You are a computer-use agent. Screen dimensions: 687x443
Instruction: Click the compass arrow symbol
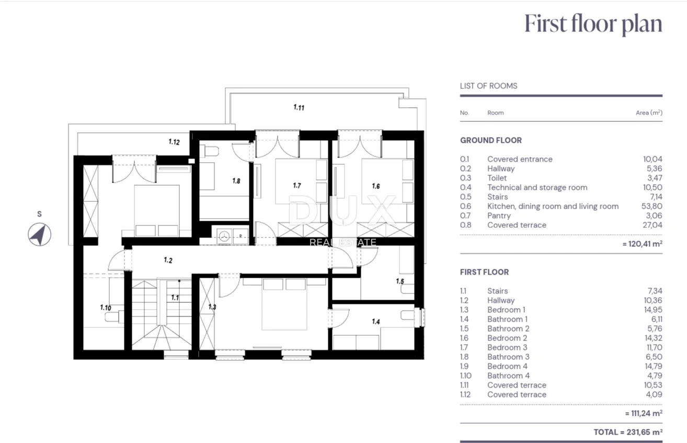coord(40,234)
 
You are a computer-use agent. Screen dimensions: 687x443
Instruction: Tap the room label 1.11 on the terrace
coord(299,107)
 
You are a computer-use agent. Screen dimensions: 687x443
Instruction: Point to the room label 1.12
coord(174,142)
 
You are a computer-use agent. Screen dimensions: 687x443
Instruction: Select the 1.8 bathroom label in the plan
coord(236,181)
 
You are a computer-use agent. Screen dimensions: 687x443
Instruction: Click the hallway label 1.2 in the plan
coord(168,260)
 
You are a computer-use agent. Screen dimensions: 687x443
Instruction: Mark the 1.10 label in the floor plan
coord(106,308)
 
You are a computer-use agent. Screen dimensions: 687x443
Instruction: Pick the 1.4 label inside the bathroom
coord(376,322)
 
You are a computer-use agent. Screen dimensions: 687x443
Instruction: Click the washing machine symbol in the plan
coord(224,236)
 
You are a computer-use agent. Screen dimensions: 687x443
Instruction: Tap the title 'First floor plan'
coord(593,24)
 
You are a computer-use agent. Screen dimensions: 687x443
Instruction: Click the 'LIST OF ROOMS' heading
coord(488,86)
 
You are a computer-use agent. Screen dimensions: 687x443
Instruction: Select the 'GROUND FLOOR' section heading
coord(491,140)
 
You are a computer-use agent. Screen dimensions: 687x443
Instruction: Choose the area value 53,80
coord(652,206)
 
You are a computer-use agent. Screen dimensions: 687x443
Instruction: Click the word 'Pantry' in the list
coord(499,215)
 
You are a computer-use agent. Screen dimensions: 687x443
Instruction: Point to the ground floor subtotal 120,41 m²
coord(643,244)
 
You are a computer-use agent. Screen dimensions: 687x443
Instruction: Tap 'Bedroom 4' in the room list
coord(507,366)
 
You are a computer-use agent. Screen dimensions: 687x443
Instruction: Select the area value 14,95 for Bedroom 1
coord(653,310)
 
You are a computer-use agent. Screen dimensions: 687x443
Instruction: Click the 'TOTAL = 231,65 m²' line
coord(628,432)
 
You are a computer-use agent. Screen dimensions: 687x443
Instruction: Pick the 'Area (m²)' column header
coord(649,112)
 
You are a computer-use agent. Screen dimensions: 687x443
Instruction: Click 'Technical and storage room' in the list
coord(537,187)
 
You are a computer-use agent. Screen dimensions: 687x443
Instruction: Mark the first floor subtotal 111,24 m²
coord(644,413)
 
